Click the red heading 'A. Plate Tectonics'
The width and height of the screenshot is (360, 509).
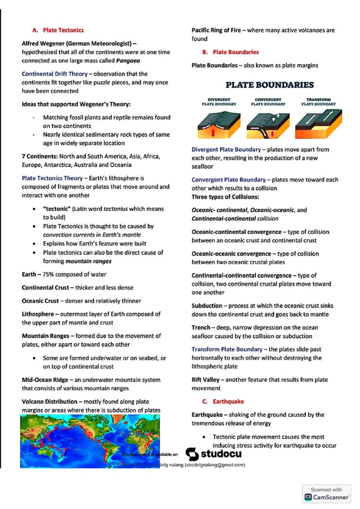click(58, 30)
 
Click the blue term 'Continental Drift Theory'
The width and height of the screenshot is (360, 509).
click(55, 74)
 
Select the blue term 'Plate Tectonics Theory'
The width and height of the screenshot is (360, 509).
click(52, 178)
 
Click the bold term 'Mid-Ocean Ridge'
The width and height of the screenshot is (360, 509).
click(45, 380)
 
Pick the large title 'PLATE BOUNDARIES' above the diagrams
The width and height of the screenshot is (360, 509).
click(269, 85)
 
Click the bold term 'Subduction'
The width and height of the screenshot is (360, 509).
click(207, 306)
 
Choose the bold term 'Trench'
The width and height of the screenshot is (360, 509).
click(201, 327)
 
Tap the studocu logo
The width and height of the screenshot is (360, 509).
click(213, 454)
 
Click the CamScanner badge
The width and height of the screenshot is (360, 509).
click(327, 493)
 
